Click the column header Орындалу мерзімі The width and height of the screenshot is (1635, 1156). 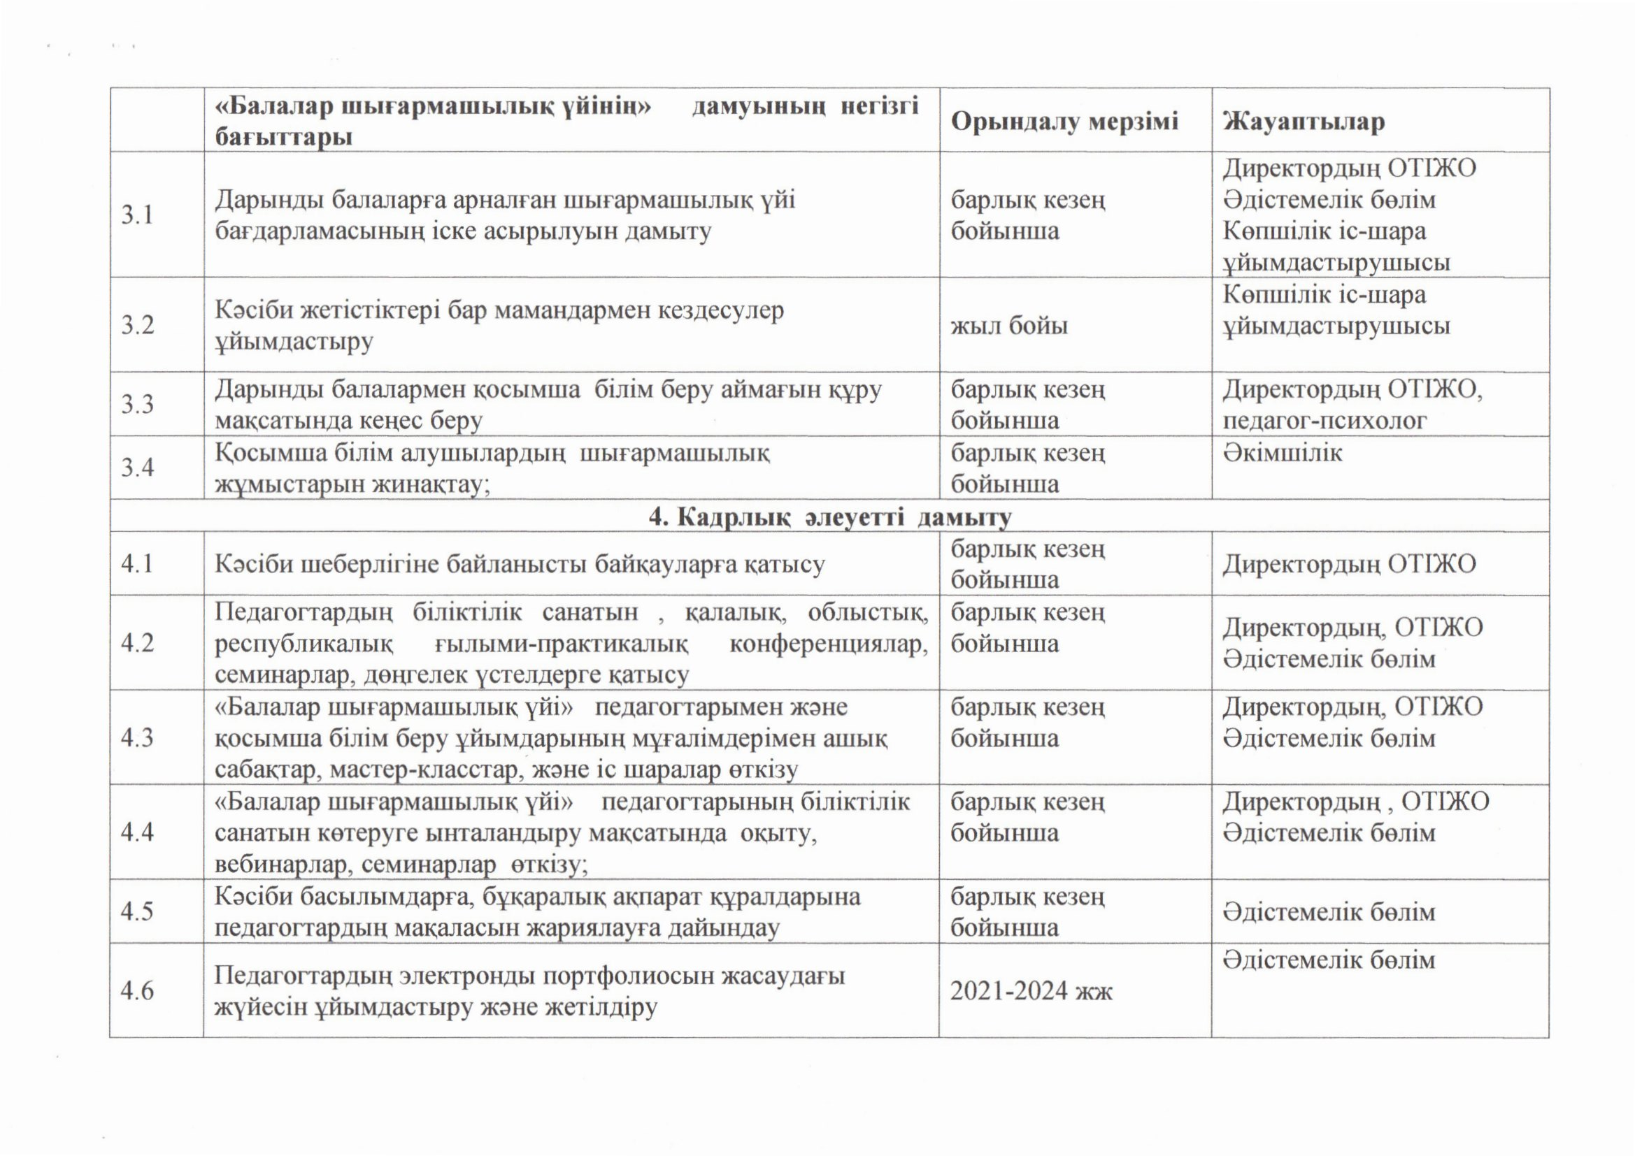(x=1064, y=122)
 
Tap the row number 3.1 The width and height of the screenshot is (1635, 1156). (x=138, y=215)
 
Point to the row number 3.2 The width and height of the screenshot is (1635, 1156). (x=138, y=325)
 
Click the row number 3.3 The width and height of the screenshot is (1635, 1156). (x=138, y=404)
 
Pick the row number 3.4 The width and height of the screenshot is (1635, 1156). (x=138, y=468)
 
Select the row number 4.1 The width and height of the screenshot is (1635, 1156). (x=138, y=564)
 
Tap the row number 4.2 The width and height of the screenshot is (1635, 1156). (x=138, y=643)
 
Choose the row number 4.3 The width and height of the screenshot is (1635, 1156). (x=138, y=737)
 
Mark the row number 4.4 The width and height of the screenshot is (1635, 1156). (x=138, y=832)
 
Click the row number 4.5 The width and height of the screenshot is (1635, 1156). (x=138, y=912)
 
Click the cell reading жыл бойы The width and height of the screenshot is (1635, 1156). (x=1009, y=326)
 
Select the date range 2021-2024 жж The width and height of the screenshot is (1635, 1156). (x=1031, y=991)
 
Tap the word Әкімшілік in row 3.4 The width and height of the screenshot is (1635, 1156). (x=1283, y=453)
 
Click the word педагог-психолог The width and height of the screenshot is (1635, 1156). (x=1325, y=421)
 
